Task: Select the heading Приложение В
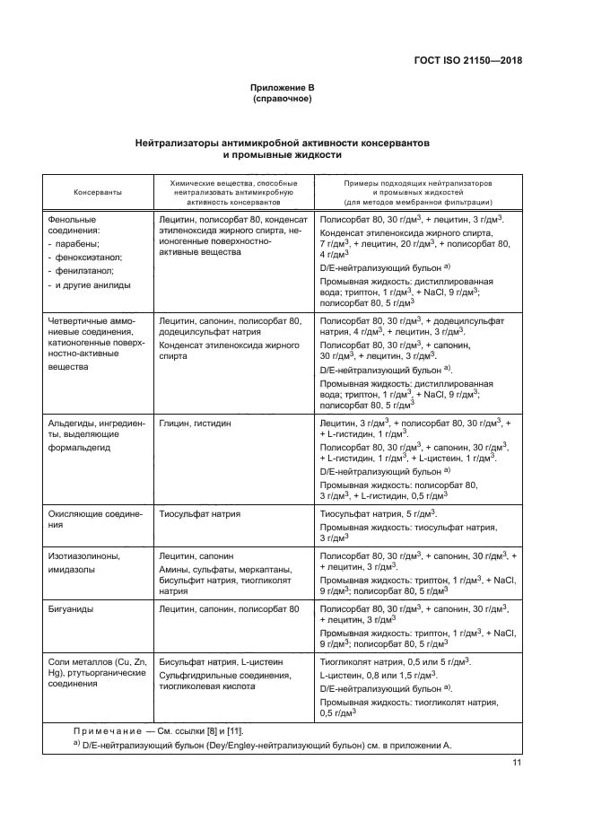(x=283, y=87)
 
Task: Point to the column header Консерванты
(x=98, y=192)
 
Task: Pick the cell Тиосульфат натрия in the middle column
(x=200, y=514)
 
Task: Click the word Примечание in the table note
(x=114, y=731)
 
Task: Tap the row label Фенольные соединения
(x=85, y=224)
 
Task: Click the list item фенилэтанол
(x=96, y=270)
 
